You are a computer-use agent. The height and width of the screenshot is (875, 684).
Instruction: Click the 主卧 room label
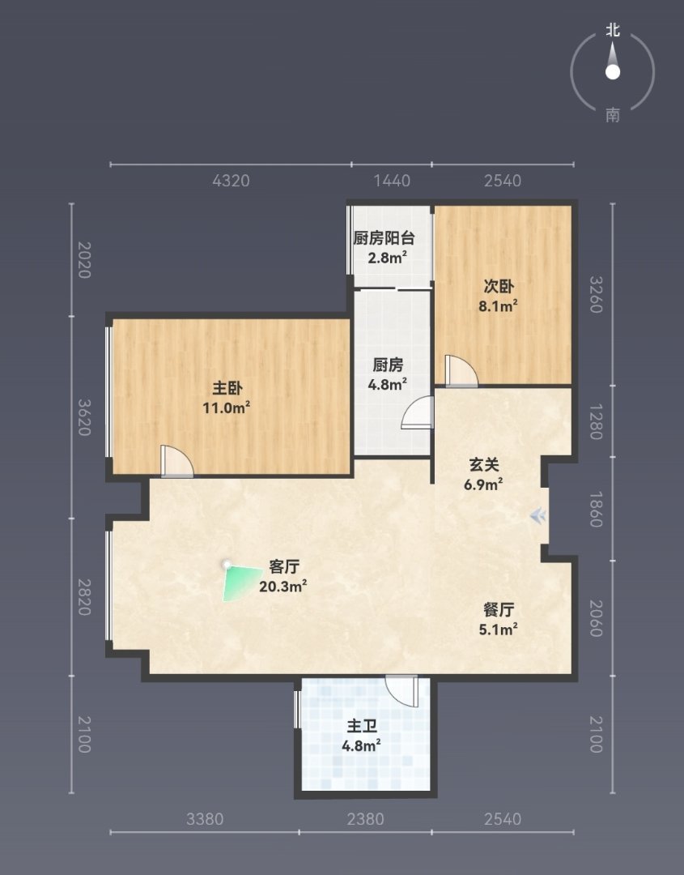[x=227, y=388]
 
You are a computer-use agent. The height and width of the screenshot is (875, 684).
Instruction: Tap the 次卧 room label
[x=499, y=286]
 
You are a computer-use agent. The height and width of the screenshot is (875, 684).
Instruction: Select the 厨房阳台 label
[x=384, y=238]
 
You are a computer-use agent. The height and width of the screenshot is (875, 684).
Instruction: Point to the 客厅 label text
[x=284, y=567]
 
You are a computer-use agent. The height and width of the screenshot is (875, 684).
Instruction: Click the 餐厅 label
[x=499, y=610]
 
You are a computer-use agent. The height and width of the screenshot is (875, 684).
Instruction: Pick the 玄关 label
[x=483, y=465]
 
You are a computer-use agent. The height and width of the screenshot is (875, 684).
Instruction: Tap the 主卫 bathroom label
[x=362, y=726]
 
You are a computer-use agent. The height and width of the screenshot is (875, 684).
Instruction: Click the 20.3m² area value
[x=283, y=587]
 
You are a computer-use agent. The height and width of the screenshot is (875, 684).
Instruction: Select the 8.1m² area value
[x=499, y=305]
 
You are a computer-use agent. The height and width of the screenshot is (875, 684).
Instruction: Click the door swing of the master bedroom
[x=176, y=461]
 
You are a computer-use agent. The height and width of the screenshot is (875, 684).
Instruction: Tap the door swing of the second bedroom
[x=461, y=370]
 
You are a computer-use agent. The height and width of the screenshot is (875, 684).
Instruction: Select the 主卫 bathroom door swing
[x=401, y=691]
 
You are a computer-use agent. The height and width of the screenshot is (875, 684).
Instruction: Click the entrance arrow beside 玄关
[x=538, y=516]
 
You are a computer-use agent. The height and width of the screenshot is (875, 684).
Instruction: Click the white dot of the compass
[x=613, y=72]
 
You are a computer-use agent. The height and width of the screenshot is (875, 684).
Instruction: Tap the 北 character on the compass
[x=613, y=30]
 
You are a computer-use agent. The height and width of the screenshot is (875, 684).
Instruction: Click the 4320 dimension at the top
[x=231, y=181]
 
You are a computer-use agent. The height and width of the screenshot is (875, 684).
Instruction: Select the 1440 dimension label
[x=392, y=181]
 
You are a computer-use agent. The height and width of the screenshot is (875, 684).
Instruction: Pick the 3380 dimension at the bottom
[x=205, y=819]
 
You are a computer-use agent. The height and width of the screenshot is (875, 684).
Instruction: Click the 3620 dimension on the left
[x=83, y=417]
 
